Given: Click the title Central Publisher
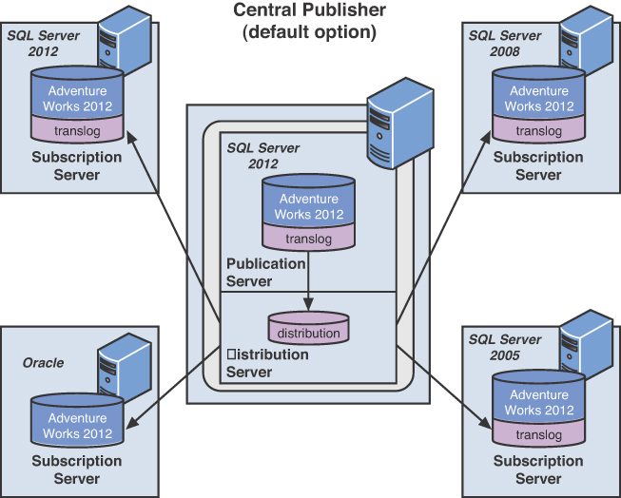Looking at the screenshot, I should [309, 11].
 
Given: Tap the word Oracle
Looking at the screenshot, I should [44, 363].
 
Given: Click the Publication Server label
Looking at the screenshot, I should [265, 272].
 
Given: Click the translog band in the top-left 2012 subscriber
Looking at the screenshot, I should [77, 129].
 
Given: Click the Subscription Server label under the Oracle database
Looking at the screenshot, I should [77, 469].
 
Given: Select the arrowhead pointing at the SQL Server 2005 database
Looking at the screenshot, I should [487, 424].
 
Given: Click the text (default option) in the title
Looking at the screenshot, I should [309, 31].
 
